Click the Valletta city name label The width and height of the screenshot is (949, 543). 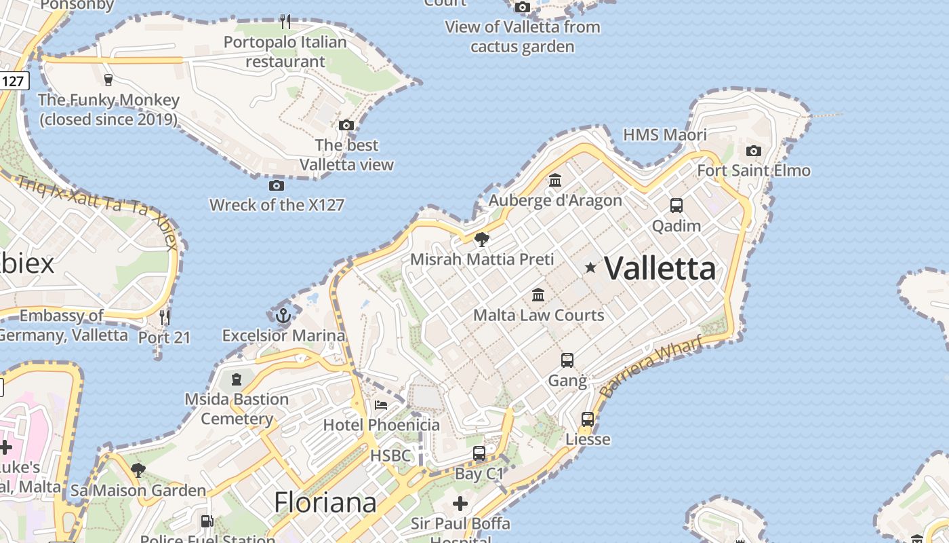coord(660,268)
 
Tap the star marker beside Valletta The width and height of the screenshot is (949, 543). coord(590,268)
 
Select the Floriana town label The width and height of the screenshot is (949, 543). coord(325,502)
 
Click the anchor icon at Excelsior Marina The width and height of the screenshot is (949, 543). coord(283,315)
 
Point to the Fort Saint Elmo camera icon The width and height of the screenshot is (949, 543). coord(753,151)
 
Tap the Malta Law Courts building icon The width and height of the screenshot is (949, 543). coord(538,295)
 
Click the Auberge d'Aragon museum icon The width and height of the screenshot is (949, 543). coord(555,180)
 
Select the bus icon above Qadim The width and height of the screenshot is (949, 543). coord(676,205)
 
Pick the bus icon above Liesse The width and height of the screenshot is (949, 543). coord(588,419)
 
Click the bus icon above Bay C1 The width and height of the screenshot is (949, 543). coord(479,453)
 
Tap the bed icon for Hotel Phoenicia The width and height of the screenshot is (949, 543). coord(381,405)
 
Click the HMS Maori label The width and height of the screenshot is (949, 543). coord(664,134)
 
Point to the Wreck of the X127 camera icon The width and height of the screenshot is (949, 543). coord(276,185)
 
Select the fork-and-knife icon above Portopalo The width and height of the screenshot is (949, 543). coord(285,22)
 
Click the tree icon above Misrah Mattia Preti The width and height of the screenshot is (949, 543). coord(482,239)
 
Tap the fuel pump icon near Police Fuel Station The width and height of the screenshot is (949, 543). coord(207,521)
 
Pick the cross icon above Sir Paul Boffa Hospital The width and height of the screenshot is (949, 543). coord(460,504)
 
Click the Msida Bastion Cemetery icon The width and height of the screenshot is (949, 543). coord(237,379)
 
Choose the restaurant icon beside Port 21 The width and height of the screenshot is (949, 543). coord(164,316)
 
